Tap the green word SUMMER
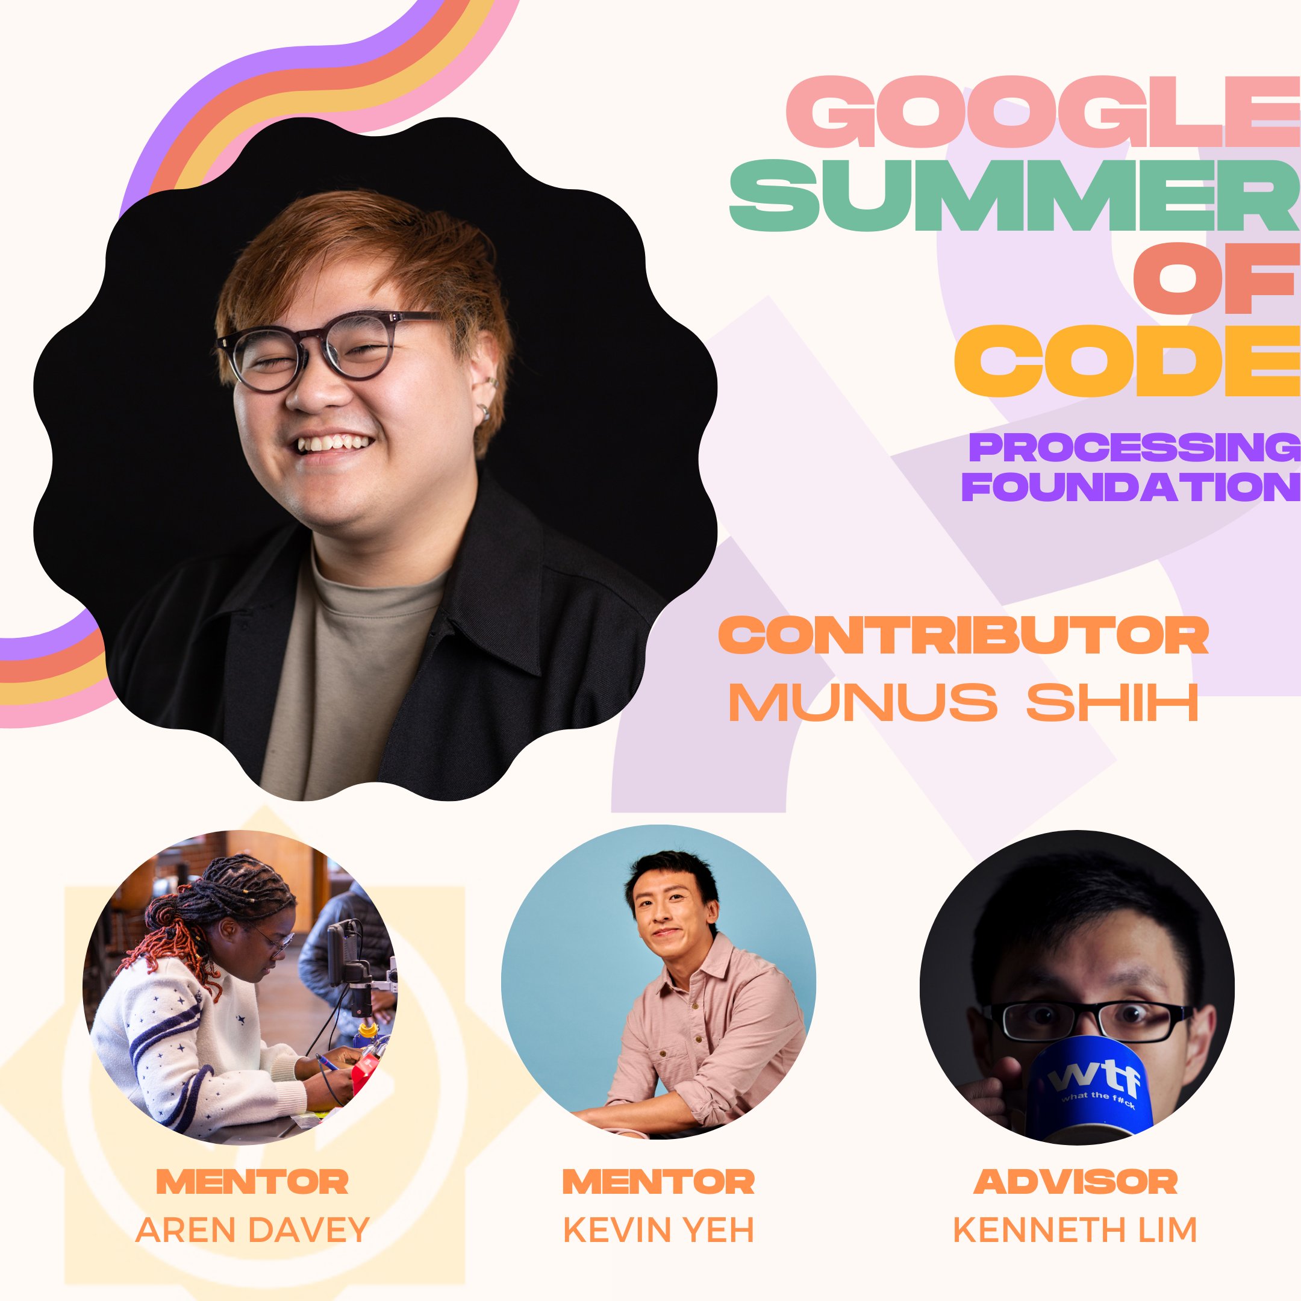1016,195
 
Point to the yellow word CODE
1128,361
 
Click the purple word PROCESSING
1135,448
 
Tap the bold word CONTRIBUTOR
964,635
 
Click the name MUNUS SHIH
964,702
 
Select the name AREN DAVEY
252,1231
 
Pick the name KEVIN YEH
658,1231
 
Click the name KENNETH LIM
1075,1231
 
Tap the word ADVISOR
1075,1182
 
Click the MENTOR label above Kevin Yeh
658,1182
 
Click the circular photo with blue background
658,982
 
